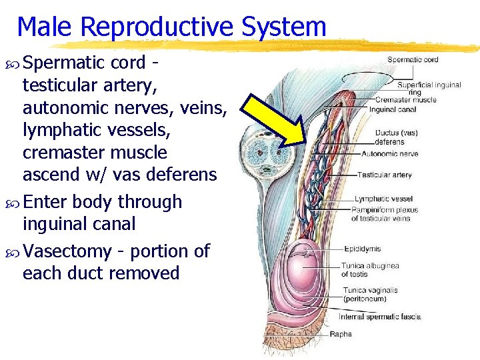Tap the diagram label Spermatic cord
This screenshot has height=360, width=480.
[413, 60]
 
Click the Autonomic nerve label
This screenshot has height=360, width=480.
[390, 154]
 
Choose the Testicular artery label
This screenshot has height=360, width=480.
[385, 175]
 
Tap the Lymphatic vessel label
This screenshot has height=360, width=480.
[383, 199]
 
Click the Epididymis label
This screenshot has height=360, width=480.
[363, 249]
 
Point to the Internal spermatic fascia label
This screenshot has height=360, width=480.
[380, 317]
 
